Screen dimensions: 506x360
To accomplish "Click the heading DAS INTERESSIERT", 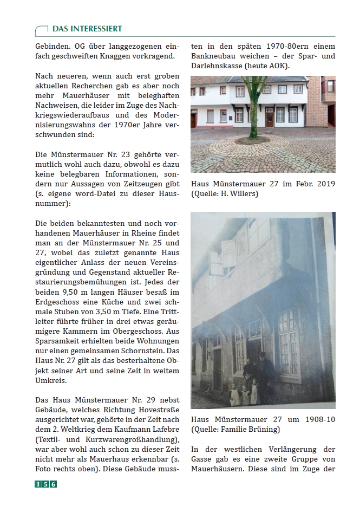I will coord(87,29).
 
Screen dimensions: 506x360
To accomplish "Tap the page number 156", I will coord(46,484).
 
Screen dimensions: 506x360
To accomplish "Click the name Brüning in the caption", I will coord(265,430).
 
